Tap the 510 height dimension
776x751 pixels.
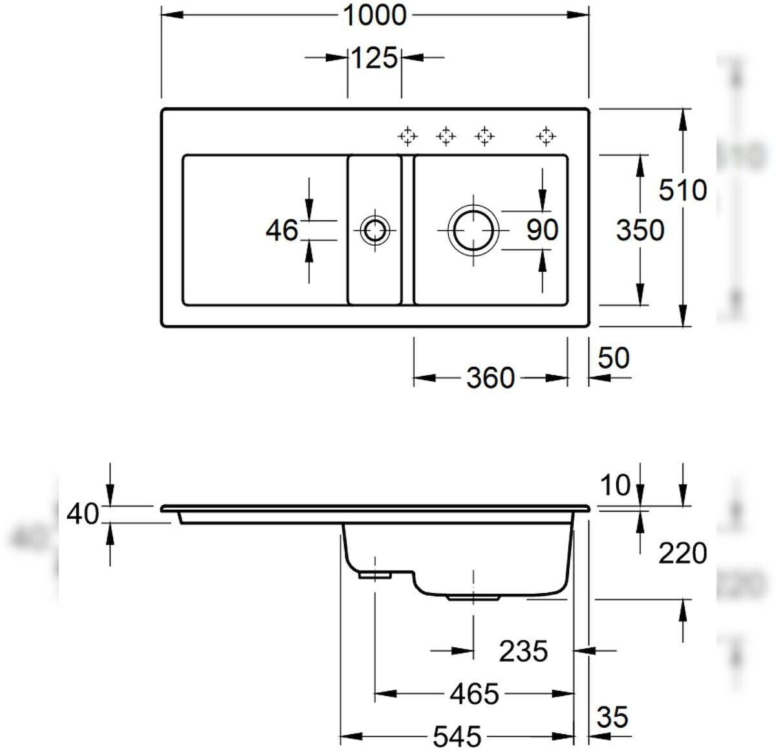click(682, 190)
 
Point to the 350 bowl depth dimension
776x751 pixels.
click(640, 230)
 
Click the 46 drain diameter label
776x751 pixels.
click(282, 230)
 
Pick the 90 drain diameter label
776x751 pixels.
click(542, 230)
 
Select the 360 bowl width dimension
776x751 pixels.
click(490, 378)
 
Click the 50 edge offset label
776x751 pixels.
click(613, 358)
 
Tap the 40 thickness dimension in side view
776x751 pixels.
click(83, 515)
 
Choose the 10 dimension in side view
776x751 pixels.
click(614, 485)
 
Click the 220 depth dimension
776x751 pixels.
click(682, 554)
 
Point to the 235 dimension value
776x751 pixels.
click(523, 651)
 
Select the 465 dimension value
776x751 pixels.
click(475, 694)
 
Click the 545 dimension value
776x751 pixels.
click(457, 736)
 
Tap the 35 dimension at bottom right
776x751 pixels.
click(612, 717)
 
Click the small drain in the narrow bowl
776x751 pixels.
click(374, 230)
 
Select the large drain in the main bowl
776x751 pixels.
click(474, 230)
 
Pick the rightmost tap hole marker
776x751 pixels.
click(546, 136)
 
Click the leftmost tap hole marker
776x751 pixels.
click(407, 136)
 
